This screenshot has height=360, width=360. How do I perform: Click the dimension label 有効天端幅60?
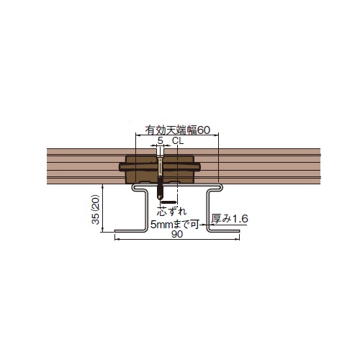pyautogui.click(x=178, y=130)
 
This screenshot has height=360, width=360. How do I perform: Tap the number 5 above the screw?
pyautogui.click(x=161, y=140)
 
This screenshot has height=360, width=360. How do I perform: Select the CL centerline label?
pyautogui.click(x=178, y=141)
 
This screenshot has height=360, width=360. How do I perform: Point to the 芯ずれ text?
pyautogui.click(x=171, y=211)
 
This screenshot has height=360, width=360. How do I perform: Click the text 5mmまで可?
pyautogui.click(x=175, y=225)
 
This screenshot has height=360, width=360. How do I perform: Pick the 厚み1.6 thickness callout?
pyautogui.click(x=230, y=219)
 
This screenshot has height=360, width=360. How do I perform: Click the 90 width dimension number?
pyautogui.click(x=177, y=234)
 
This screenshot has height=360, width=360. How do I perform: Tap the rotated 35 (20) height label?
pyautogui.click(x=96, y=210)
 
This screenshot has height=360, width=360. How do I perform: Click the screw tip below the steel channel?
pyautogui.click(x=160, y=198)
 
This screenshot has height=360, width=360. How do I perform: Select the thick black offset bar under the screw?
pyautogui.click(x=169, y=202)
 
